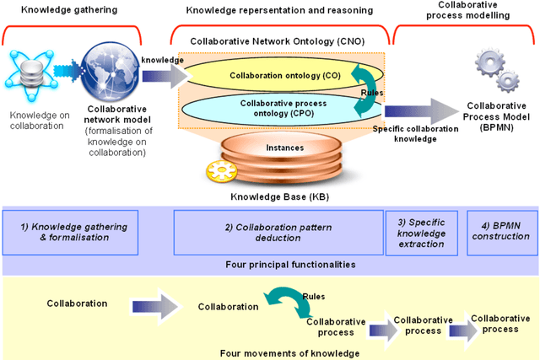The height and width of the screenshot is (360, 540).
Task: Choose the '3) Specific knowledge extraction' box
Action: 425,232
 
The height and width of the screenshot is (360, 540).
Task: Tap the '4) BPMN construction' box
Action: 502,232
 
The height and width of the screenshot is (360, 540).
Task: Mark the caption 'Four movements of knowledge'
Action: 269,353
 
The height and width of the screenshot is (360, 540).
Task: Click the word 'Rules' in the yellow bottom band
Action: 314,295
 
